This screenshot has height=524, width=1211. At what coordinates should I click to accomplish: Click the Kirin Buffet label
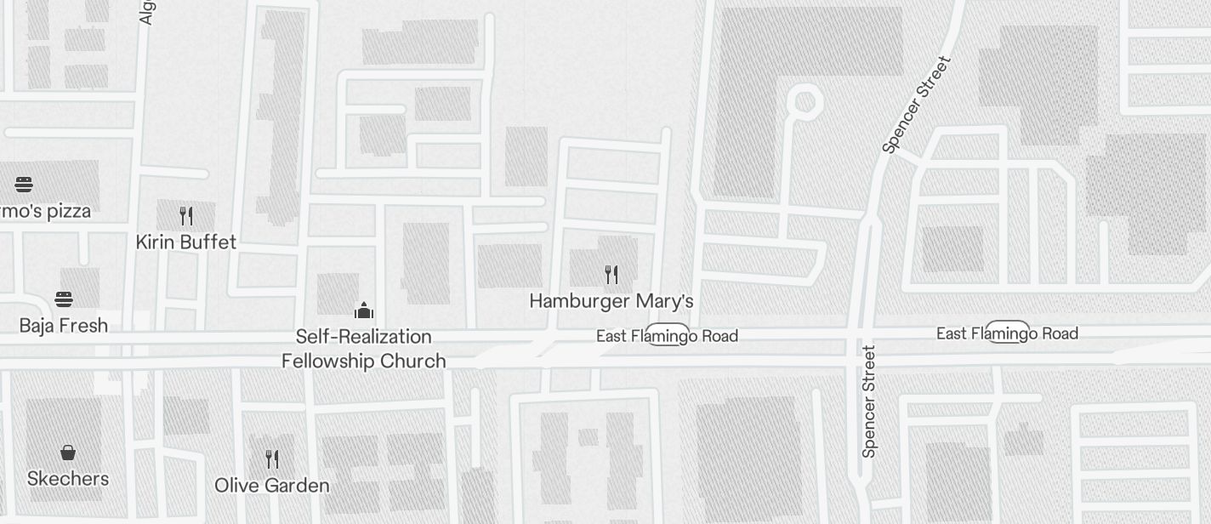click(186, 242)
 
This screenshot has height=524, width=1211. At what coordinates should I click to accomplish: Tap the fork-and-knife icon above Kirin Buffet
click(186, 216)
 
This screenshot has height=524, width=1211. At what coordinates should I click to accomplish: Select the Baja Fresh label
click(64, 326)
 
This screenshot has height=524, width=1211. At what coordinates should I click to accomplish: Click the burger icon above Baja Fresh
click(64, 299)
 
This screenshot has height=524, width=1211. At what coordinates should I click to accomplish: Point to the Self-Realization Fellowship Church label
click(364, 349)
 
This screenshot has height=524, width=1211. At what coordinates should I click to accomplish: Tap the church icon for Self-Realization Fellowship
click(364, 310)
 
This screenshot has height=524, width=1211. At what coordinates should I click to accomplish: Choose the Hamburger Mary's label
click(611, 301)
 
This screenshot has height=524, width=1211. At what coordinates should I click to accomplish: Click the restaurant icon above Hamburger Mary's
click(611, 274)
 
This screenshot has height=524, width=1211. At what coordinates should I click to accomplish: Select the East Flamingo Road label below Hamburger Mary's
click(667, 336)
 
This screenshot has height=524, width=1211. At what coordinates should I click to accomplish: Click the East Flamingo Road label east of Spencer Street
click(1007, 333)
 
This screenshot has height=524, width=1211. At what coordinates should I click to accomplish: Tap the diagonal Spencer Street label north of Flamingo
click(916, 105)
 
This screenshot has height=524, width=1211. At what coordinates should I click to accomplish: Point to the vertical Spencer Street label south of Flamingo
click(868, 401)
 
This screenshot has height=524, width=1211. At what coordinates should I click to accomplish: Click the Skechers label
click(68, 479)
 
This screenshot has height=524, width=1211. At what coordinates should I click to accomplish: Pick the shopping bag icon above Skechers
click(68, 453)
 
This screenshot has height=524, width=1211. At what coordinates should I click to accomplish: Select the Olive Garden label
click(272, 486)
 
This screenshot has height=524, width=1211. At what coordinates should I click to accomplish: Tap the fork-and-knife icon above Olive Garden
click(272, 459)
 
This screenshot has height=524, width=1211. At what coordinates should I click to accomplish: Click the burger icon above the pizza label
click(24, 185)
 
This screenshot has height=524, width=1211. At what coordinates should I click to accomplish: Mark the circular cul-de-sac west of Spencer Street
click(804, 102)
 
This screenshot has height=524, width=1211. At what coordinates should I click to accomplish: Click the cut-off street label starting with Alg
click(146, 12)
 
